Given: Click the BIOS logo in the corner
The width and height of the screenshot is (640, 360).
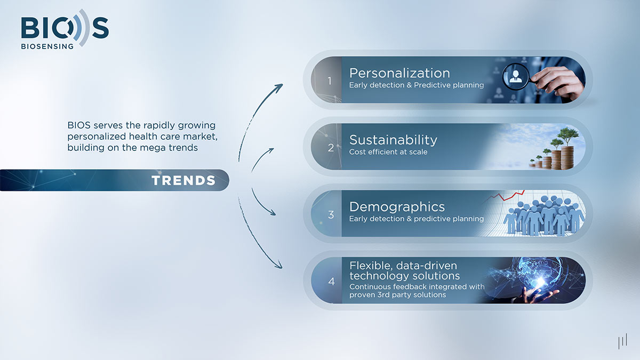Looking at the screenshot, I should point(65,28).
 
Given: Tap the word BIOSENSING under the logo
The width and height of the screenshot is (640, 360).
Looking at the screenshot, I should point(47,46).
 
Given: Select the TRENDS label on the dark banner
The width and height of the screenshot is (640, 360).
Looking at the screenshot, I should point(183,180).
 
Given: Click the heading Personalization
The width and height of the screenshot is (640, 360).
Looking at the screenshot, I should point(399,73).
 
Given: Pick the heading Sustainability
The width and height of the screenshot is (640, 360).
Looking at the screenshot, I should point(393,140).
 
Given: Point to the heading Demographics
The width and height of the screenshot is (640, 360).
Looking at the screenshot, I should point(397,206).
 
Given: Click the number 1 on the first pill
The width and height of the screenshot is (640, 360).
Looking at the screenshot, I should point(330,81).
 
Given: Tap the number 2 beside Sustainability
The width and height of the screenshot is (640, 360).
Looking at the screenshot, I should point(331,148).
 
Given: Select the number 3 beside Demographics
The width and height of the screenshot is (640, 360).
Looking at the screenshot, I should point(331,215).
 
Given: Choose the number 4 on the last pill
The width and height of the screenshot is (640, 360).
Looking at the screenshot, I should point(331,282).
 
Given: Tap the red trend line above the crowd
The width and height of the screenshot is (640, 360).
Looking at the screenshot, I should point(505,196).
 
